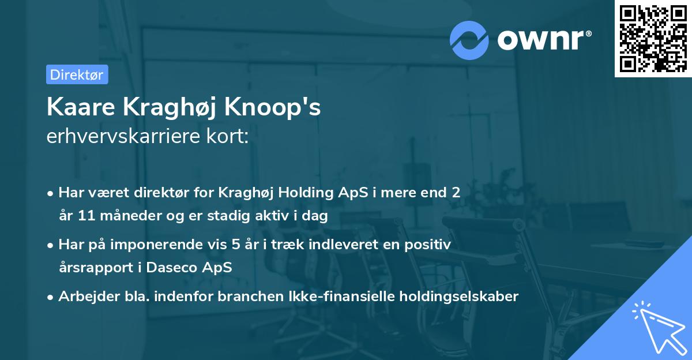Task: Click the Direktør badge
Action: [77, 74]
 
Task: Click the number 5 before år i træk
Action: [235, 245]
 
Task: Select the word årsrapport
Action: [92, 268]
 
